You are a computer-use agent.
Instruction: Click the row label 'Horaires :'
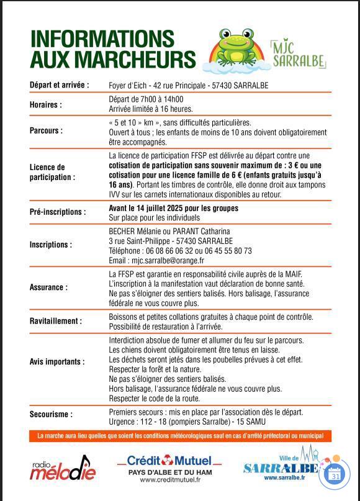[46, 105]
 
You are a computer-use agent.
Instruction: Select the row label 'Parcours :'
[46, 131]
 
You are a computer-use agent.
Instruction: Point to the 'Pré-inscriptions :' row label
[58, 212]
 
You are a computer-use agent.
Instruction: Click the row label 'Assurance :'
[48, 287]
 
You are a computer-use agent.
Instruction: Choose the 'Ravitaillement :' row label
[55, 321]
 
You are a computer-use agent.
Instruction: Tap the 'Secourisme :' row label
[51, 414]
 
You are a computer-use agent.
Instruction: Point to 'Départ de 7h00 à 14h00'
[146, 99]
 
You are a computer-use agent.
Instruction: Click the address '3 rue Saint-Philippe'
[140, 241]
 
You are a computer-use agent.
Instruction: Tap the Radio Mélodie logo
[63, 467]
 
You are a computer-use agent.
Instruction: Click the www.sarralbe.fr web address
[285, 478]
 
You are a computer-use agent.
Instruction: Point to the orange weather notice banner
[180, 436]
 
